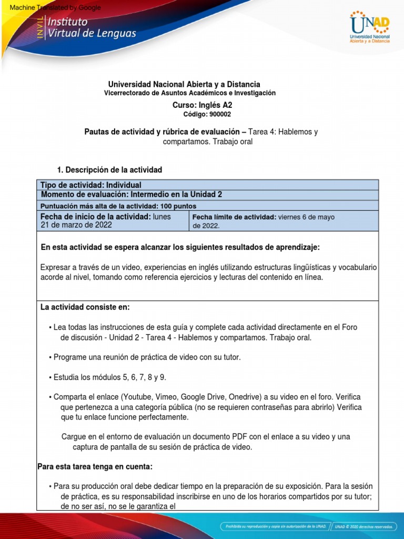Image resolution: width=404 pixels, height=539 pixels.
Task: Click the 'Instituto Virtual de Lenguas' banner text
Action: tap(92, 28)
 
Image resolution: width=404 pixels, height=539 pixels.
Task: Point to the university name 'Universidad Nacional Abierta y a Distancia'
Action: tap(184, 84)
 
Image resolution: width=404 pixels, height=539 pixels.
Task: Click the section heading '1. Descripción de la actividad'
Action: tap(109, 169)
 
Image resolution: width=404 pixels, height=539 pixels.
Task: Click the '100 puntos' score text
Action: tap(177, 206)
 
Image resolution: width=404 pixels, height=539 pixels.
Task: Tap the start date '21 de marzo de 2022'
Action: tap(76, 225)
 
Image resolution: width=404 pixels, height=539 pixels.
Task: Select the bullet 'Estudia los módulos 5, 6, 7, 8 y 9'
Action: tap(109, 377)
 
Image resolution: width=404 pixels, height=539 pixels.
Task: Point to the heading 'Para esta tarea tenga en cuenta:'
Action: tap(95, 466)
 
